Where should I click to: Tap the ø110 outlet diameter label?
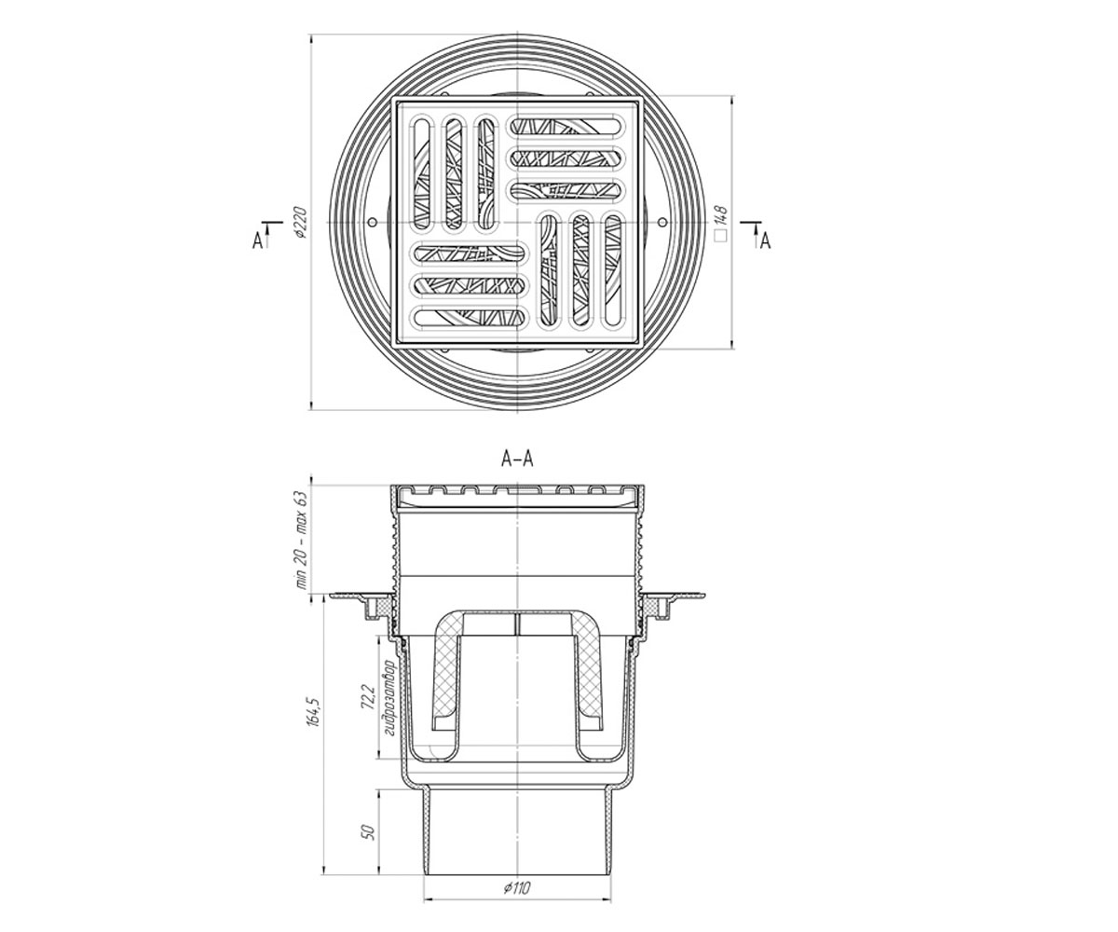[517, 887]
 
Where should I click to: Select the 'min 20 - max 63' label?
[303, 540]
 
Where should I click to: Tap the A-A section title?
[517, 459]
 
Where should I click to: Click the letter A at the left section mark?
[258, 241]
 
